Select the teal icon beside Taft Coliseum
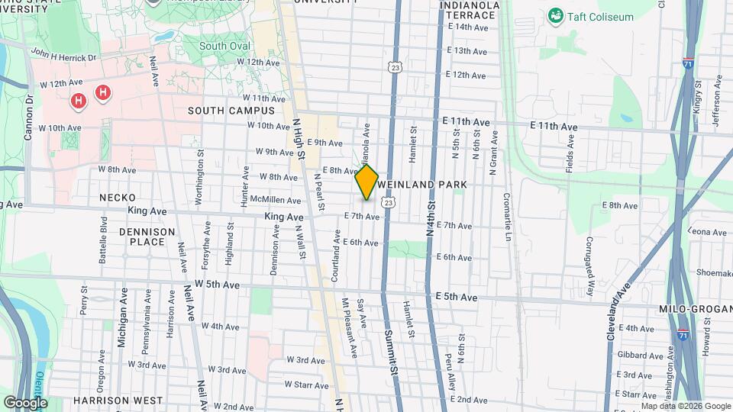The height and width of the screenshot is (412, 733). (x=556, y=14)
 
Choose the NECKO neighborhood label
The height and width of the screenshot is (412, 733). (x=118, y=198)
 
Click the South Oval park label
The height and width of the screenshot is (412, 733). (x=224, y=46)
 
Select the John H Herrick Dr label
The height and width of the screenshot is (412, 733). (x=63, y=55)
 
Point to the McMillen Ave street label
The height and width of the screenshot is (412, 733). (x=276, y=200)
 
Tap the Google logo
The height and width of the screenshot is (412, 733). (x=25, y=402)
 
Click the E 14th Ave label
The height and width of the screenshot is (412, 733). (x=467, y=27)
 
